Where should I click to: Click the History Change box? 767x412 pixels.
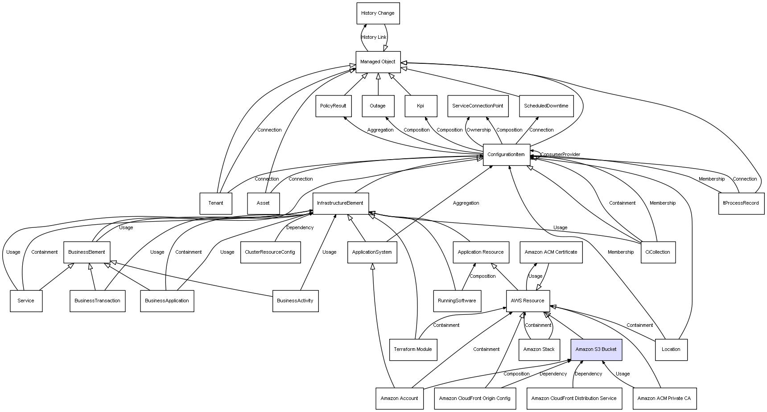378,13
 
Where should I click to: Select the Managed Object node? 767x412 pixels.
378,62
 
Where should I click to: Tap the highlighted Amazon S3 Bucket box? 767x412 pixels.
596,350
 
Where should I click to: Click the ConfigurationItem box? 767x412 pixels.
506,155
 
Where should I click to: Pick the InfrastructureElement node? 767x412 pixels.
340,203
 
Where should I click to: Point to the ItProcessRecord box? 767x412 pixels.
741,203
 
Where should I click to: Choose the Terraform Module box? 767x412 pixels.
412,350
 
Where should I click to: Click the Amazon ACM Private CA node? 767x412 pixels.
664,398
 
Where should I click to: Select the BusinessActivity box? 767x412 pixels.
295,301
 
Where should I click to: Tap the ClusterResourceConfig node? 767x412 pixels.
270,252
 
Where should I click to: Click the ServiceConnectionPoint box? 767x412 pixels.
478,106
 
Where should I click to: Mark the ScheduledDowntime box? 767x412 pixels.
546,106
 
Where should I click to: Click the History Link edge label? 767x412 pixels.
374,37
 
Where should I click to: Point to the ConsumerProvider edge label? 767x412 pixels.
560,155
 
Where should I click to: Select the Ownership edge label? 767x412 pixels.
478,130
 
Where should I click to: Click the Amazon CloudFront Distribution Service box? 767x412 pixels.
573,398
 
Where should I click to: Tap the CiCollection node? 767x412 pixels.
658,252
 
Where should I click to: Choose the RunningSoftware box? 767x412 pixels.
457,301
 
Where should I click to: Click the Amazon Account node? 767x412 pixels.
399,398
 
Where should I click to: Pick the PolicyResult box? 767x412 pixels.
333,106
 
